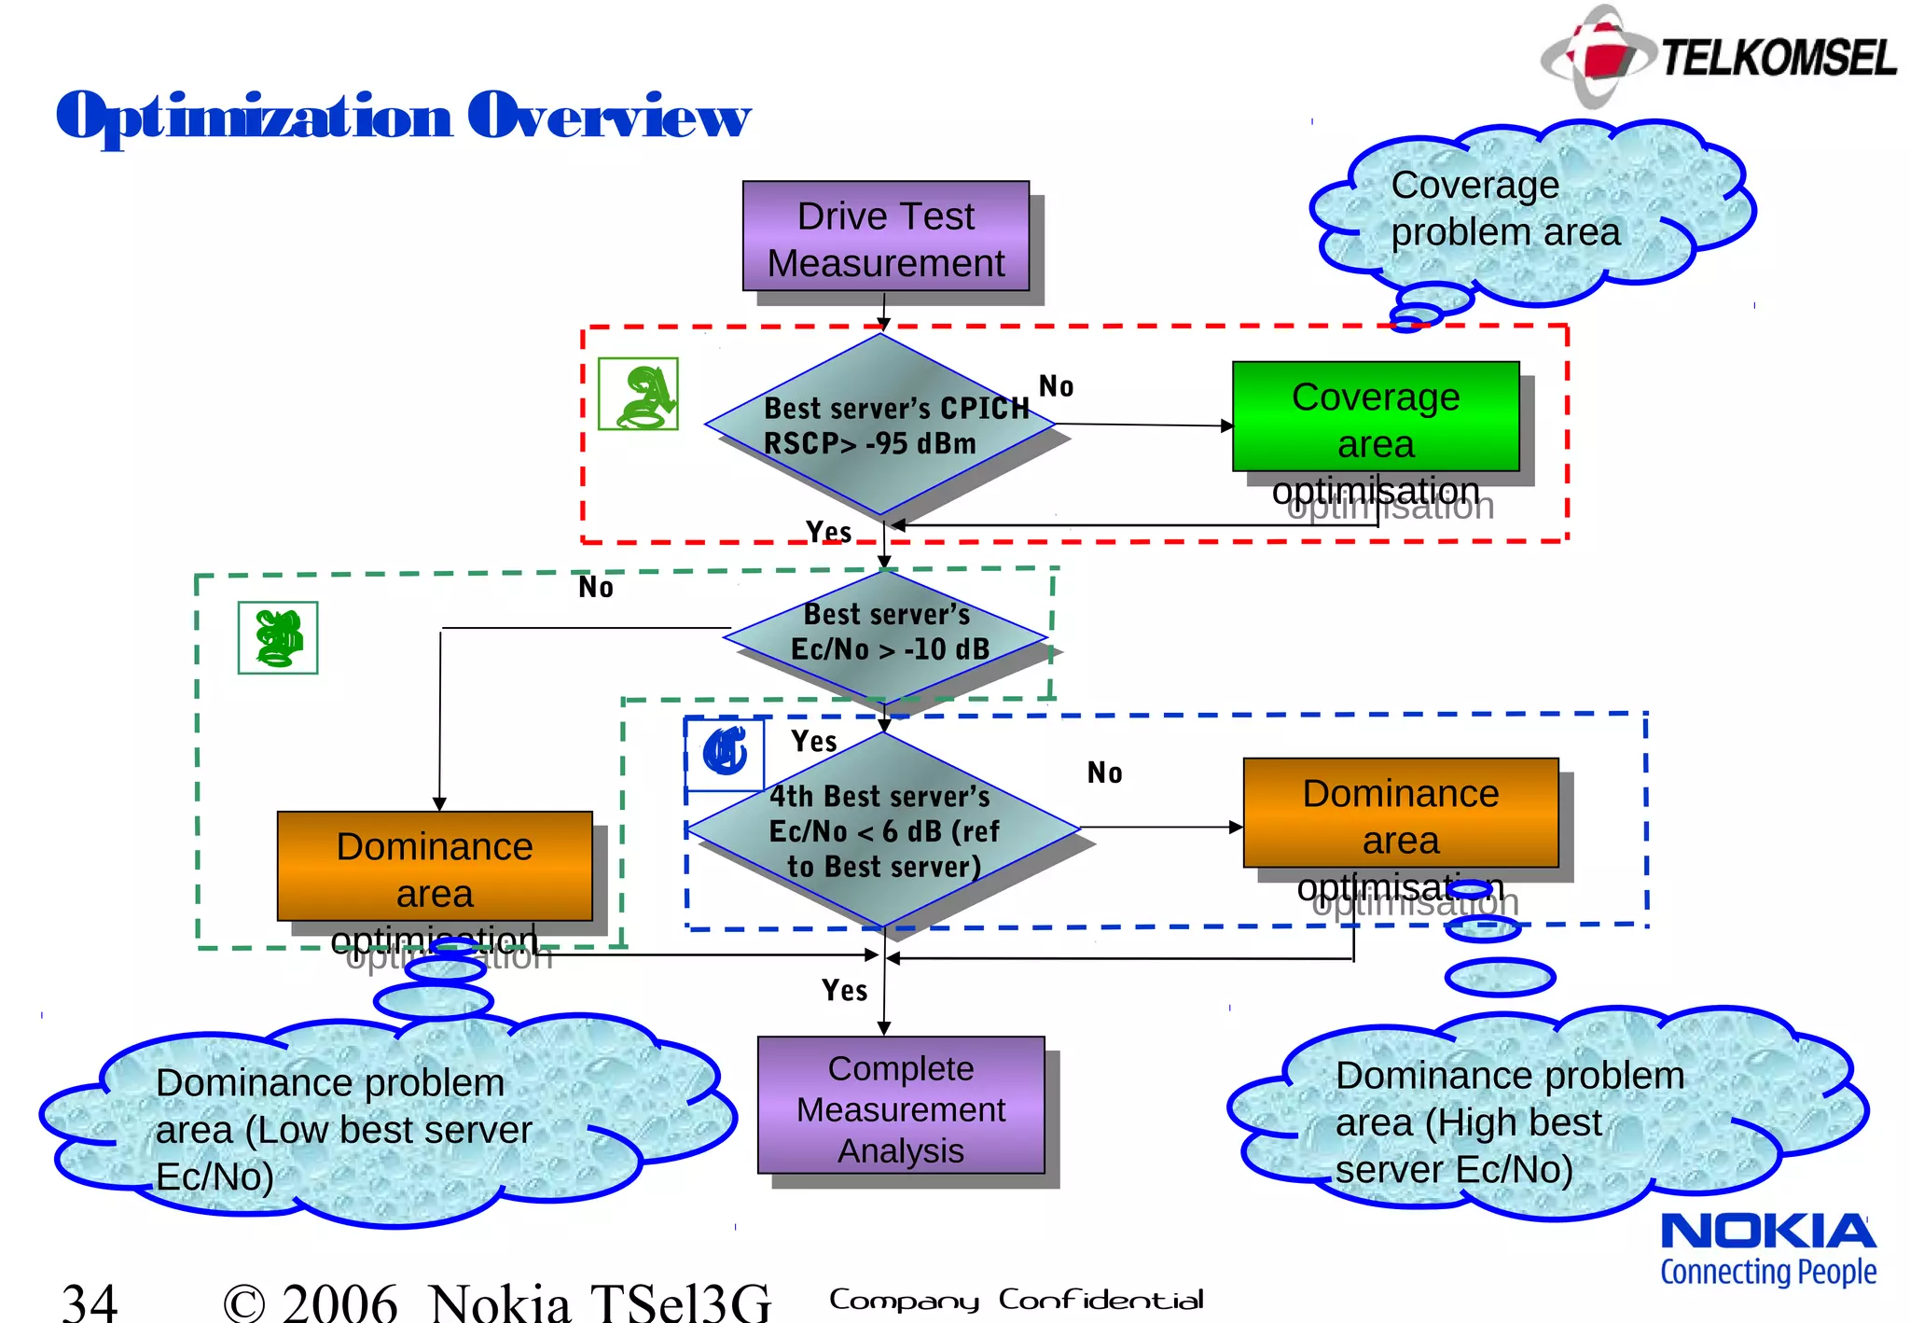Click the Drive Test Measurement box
click(885, 236)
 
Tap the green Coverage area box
click(1375, 417)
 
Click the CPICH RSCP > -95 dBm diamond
click(880, 425)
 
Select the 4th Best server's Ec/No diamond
click(883, 829)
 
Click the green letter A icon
click(638, 395)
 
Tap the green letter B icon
click(278, 638)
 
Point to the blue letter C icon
click(725, 753)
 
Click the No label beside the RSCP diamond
click(1056, 386)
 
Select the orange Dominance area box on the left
click(435, 867)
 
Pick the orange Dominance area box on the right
click(1400, 814)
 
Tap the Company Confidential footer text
click(1016, 1300)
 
